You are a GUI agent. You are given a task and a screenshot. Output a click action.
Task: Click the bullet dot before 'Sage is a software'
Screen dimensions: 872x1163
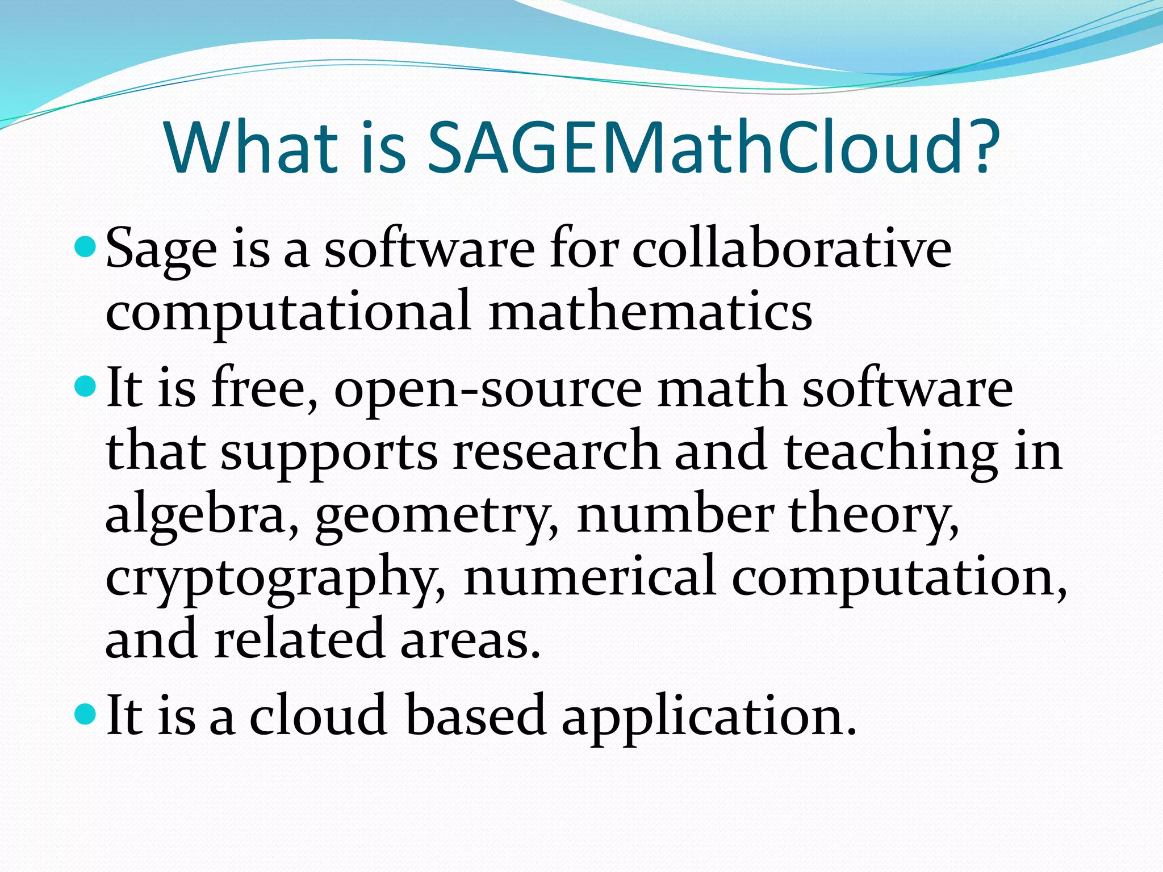click(86, 248)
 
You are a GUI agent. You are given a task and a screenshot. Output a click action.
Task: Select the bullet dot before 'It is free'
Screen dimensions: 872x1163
click(86, 388)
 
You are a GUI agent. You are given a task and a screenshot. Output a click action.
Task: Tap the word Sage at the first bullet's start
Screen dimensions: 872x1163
click(161, 251)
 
